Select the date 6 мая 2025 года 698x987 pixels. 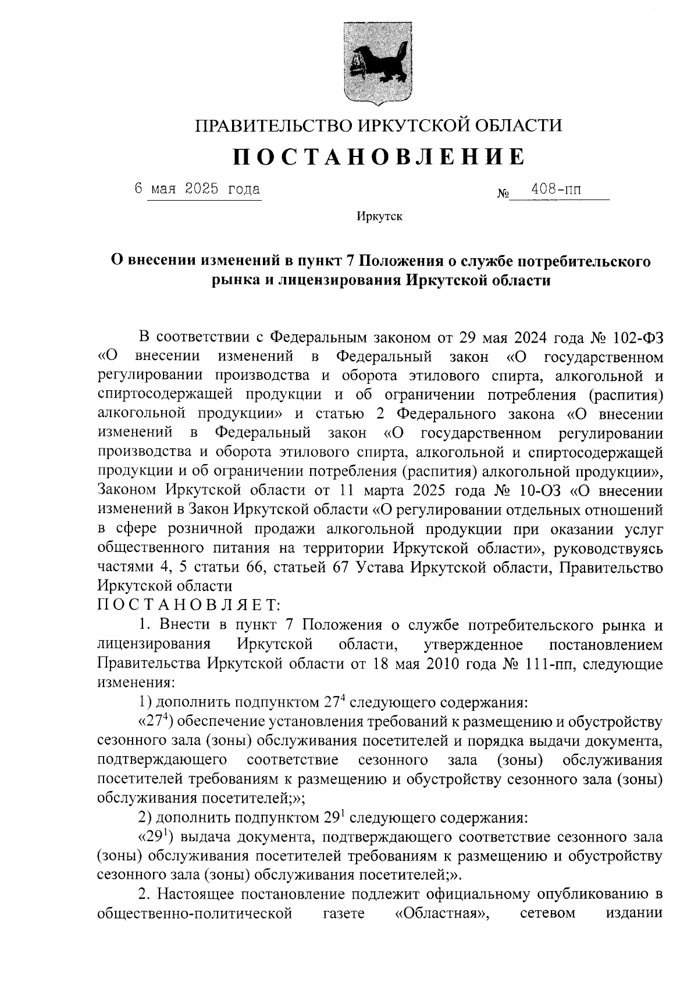click(x=197, y=189)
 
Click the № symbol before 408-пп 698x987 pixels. click(x=503, y=193)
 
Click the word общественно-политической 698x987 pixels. click(x=194, y=914)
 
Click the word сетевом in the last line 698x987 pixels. click(x=547, y=914)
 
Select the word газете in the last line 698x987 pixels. click(x=343, y=914)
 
